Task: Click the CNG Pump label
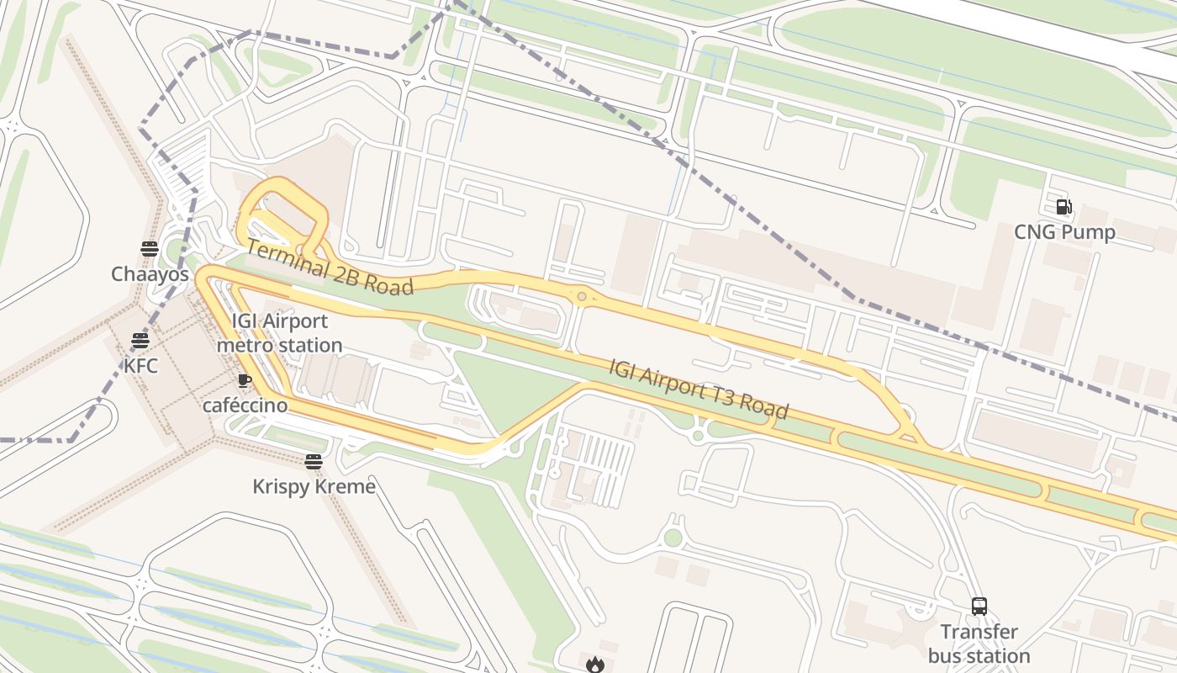[1064, 232]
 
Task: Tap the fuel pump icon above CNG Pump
[1064, 206]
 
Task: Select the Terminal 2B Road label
[330, 268]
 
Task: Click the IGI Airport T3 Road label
[699, 388]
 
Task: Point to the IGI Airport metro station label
[280, 333]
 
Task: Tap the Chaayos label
[150, 274]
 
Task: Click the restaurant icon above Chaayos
[150, 248]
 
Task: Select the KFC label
[140, 366]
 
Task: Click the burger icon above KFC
[140, 341]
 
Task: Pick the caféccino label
[245, 405]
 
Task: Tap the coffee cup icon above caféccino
[245, 380]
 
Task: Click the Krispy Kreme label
[314, 486]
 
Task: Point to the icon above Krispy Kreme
[314, 461]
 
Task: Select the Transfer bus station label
[979, 644]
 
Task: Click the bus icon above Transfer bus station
[979, 606]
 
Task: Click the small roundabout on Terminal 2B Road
[581, 296]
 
